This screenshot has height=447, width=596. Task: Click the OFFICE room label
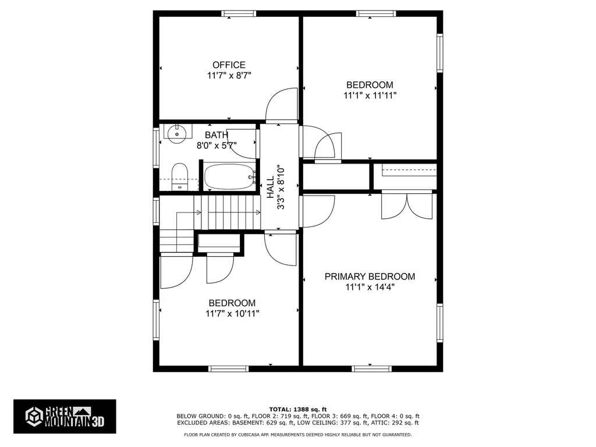[x=229, y=65]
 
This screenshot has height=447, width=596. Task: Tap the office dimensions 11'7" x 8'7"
[x=229, y=75]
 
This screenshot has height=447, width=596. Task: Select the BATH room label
[x=217, y=135]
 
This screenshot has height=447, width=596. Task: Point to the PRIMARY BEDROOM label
[x=370, y=276]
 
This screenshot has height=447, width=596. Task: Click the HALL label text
[x=270, y=187]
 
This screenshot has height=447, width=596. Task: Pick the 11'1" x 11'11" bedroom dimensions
[x=370, y=95]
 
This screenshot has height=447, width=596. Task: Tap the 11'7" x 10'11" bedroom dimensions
[x=232, y=314]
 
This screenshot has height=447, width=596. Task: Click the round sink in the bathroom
[x=177, y=134]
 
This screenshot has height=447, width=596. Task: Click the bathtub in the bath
[x=229, y=177]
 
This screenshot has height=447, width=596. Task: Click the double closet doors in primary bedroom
[x=407, y=207]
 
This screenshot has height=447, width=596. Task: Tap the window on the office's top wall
[x=239, y=14]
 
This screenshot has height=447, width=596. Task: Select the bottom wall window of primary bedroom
[x=371, y=368]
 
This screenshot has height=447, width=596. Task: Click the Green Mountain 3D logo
[x=65, y=417]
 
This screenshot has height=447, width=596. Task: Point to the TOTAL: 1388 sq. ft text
[x=298, y=409]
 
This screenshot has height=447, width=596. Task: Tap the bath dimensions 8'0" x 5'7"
[x=217, y=145]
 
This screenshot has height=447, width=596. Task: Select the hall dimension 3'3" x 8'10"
[x=281, y=187]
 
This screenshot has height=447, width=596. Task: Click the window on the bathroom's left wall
[x=156, y=147]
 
